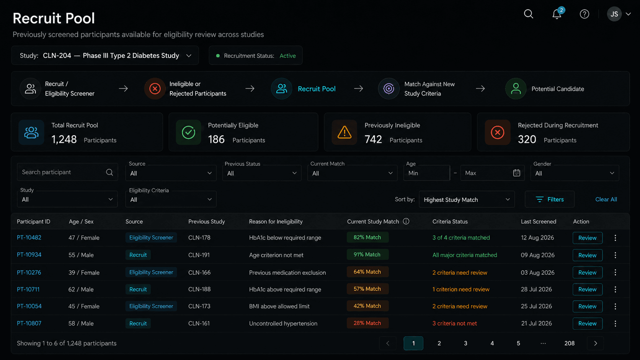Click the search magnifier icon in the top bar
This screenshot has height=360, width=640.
click(528, 14)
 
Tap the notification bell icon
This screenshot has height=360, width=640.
click(557, 14)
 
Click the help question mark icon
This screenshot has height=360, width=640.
click(584, 14)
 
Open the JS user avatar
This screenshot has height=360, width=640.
click(614, 14)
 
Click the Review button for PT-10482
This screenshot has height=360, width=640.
click(588, 238)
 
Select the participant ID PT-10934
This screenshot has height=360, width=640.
click(29, 255)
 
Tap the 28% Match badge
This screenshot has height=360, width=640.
click(367, 323)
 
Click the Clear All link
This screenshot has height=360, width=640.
click(606, 199)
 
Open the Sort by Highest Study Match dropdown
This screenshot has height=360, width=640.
click(467, 199)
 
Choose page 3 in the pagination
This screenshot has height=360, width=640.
click(465, 343)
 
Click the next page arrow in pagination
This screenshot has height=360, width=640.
click(596, 343)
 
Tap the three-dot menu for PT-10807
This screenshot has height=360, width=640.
click(615, 323)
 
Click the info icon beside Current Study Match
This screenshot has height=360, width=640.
click(406, 221)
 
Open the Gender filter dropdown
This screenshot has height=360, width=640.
click(575, 173)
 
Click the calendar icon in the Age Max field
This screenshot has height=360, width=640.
click(516, 173)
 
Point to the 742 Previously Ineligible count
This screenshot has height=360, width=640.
click(373, 139)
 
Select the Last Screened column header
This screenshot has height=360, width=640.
click(538, 222)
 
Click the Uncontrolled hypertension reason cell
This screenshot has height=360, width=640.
click(283, 323)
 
